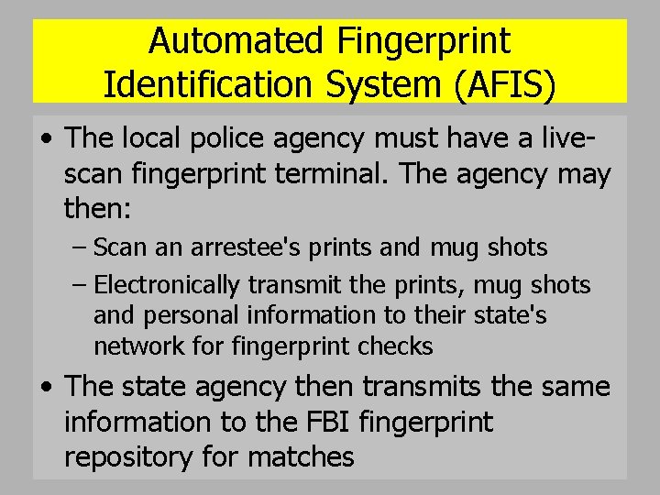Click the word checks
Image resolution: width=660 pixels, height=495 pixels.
coord(399,347)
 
